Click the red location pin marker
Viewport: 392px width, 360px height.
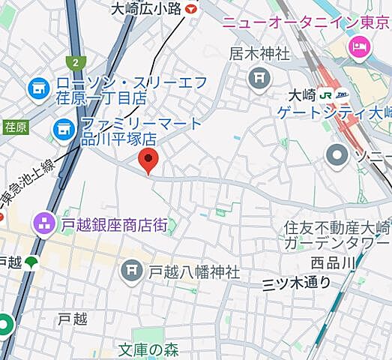[x=149, y=160]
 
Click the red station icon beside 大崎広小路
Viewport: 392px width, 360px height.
[x=191, y=9]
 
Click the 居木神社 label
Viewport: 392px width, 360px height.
[x=259, y=54]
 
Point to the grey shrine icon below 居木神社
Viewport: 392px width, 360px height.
[x=259, y=76]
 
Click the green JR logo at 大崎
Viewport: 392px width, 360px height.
[x=325, y=95]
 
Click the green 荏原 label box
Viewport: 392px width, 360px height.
[x=15, y=127]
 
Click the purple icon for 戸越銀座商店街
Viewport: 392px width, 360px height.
[x=42, y=223]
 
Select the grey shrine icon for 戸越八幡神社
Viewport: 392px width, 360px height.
[x=132, y=269]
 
